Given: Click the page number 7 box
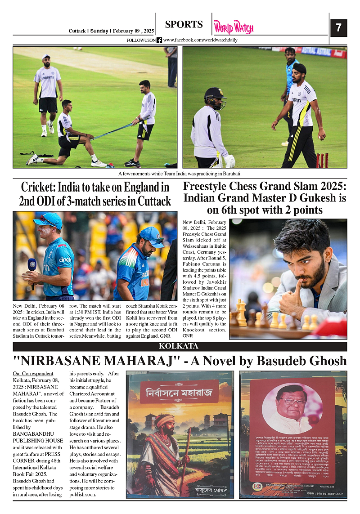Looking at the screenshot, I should (x=338, y=28).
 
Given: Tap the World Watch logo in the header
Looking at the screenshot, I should (x=234, y=27).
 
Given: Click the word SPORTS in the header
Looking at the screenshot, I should (x=184, y=25).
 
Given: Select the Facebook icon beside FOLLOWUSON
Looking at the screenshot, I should (x=159, y=40).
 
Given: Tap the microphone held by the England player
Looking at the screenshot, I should (x=32, y=265).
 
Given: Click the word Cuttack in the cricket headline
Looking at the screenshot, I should (x=151, y=201).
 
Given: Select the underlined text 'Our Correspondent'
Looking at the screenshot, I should (x=33, y=374).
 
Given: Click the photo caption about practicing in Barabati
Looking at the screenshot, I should (x=180, y=173).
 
